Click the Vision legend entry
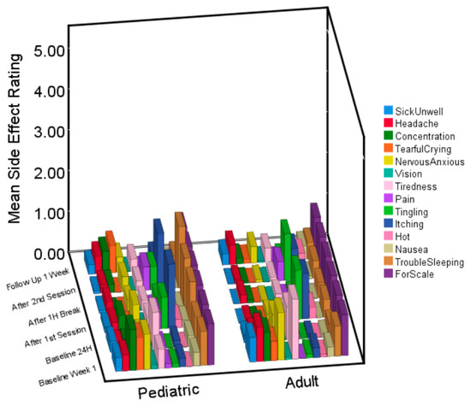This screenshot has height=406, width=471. pyautogui.click(x=409, y=174)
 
